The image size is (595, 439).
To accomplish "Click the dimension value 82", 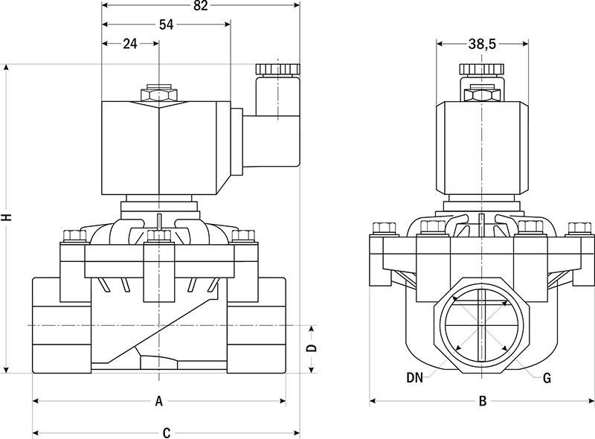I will (x=200, y=6).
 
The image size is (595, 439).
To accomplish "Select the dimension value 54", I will (x=166, y=25).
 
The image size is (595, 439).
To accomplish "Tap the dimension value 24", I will (x=129, y=44).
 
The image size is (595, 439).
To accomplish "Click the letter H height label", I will (x=7, y=218).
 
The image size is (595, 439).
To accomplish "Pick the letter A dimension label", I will (x=158, y=402).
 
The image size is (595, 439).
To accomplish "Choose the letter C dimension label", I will (x=167, y=432).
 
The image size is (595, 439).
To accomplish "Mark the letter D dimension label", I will (x=312, y=347).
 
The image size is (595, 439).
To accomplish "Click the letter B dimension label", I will (x=483, y=402).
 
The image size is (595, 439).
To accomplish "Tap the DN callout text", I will (x=415, y=377).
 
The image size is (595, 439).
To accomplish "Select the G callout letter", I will (x=547, y=377).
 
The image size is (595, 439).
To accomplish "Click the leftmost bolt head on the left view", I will (x=74, y=236).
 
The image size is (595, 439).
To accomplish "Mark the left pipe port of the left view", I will (x=61, y=325).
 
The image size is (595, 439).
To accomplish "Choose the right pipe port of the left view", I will (x=255, y=325).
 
